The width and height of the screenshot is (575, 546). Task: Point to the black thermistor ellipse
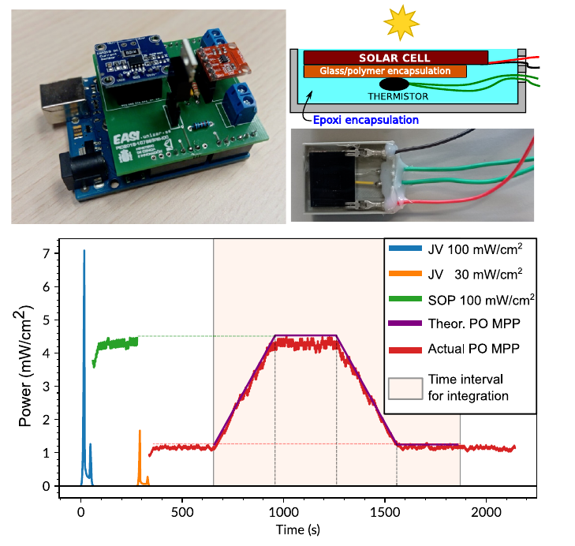click(394, 83)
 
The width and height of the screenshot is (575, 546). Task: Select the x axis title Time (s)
click(299, 528)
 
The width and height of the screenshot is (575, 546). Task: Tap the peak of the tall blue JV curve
click(84, 251)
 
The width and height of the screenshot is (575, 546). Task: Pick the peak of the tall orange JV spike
click(140, 431)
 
